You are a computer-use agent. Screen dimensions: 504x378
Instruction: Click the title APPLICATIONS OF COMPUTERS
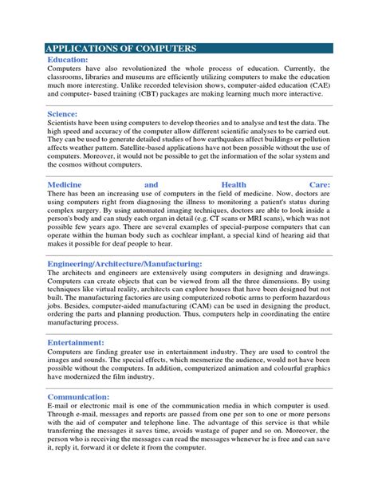pos(121,49)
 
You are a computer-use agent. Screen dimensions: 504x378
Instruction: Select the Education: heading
pos(73,60)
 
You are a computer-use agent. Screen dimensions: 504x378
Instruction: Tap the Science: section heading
pos(67,114)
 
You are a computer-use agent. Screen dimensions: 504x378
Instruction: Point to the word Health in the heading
pos(240,183)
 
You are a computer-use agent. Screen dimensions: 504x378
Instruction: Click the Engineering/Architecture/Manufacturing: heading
pos(125,262)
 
